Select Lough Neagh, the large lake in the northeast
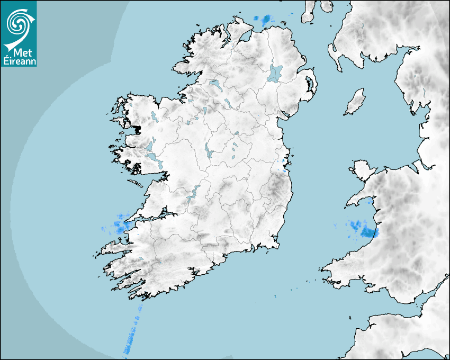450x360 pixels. (275, 73)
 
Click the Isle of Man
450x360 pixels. (355, 102)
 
